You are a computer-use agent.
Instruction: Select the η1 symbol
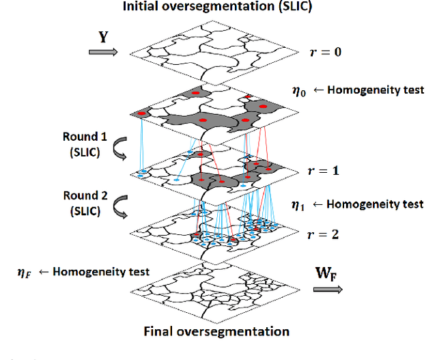[x=298, y=204]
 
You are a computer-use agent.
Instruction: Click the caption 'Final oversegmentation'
[x=216, y=331]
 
